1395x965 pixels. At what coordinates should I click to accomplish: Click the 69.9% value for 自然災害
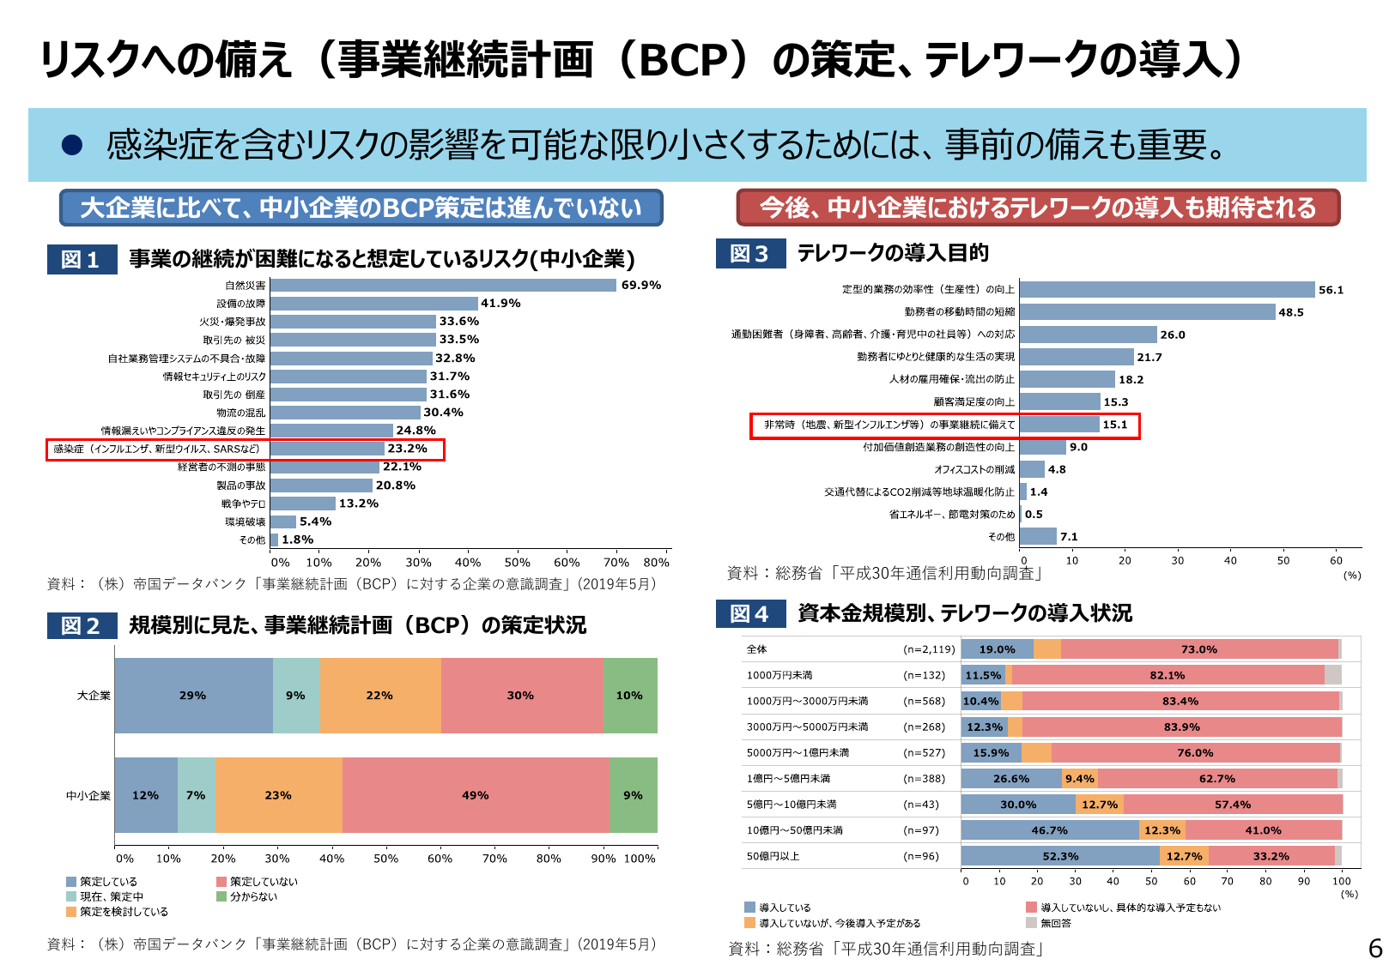tap(640, 285)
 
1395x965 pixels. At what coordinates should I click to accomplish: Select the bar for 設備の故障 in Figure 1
tap(373, 304)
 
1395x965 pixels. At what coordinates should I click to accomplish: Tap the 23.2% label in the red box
tap(407, 449)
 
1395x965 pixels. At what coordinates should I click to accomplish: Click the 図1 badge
tap(81, 259)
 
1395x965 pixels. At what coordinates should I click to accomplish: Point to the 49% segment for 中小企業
tap(475, 795)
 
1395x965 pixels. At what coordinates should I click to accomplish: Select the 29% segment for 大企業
tap(192, 696)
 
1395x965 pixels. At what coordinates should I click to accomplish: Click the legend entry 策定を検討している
tap(124, 912)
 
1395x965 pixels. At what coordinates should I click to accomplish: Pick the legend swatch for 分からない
tap(221, 896)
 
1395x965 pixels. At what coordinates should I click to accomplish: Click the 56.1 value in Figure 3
tap(1331, 290)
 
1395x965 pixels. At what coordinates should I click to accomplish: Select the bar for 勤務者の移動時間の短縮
tap(1146, 312)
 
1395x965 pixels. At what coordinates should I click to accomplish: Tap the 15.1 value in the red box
tap(1114, 425)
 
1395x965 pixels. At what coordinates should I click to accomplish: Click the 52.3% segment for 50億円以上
tap(1060, 856)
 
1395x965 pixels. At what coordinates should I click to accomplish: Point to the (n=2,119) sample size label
tap(929, 649)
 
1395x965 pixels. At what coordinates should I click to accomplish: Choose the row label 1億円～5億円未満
tap(788, 779)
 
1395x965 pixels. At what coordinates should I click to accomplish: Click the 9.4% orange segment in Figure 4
tap(1079, 779)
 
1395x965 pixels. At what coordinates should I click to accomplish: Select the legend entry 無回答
tap(1056, 923)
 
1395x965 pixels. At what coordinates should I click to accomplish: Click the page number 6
tap(1375, 948)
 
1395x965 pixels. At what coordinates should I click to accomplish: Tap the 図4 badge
tap(749, 613)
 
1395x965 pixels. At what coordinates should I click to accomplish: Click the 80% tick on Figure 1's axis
tap(656, 563)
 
